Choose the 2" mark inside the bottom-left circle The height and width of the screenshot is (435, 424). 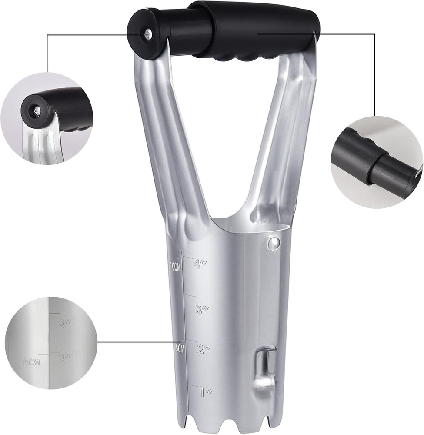pos(64,358)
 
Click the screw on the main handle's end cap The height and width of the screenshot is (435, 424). pos(148,33)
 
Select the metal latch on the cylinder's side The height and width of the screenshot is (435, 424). pos(265,368)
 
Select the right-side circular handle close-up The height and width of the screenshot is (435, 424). pos(377,162)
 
